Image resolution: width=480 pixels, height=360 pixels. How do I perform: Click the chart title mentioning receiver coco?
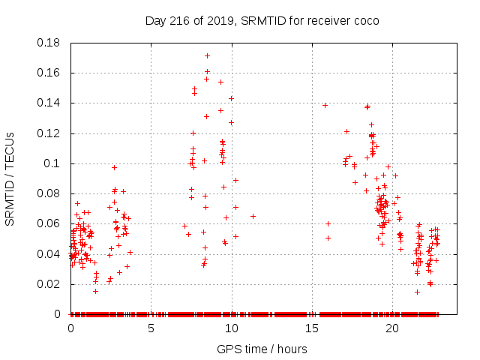point(262,20)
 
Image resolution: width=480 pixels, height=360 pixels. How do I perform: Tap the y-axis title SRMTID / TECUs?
point(10,178)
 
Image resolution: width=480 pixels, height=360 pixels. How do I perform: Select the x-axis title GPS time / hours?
point(262,349)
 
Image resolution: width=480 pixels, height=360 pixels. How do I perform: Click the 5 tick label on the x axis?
point(151,328)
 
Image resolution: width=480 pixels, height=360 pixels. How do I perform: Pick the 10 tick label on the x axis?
point(231,328)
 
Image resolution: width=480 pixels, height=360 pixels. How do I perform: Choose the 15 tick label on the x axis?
point(311,328)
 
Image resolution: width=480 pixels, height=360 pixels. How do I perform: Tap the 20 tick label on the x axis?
point(391,328)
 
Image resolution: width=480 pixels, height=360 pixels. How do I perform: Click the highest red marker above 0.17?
point(207,55)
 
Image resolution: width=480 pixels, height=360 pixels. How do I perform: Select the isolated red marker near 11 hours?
point(253,216)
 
